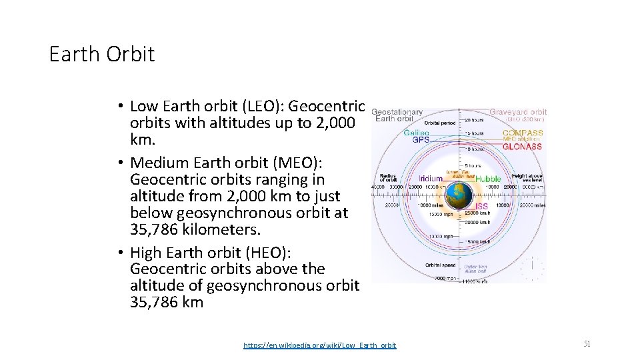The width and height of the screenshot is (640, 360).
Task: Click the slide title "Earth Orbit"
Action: pos(101,54)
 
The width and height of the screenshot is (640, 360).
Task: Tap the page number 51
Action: pos(587,344)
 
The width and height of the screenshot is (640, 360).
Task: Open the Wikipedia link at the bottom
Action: pos(319,345)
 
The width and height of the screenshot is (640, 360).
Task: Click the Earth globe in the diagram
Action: pos(459,195)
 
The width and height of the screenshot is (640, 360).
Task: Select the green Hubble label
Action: pos(488,179)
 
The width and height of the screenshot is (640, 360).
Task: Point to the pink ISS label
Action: pos(481,207)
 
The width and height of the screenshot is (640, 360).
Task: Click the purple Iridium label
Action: pos(431,179)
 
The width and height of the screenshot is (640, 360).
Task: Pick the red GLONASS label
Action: pos(522,147)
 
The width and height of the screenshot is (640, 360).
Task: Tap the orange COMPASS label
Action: pos(523,133)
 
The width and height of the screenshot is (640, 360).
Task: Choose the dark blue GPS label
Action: pos(421,140)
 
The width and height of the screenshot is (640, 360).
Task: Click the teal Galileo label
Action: pos(417,133)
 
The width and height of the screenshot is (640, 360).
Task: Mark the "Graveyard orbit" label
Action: pos(518,112)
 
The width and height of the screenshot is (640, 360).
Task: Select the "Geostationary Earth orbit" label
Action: pos(398,116)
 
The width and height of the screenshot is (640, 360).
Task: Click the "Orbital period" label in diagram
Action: pos(439,123)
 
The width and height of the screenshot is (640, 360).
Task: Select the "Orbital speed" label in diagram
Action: pos(439,265)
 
